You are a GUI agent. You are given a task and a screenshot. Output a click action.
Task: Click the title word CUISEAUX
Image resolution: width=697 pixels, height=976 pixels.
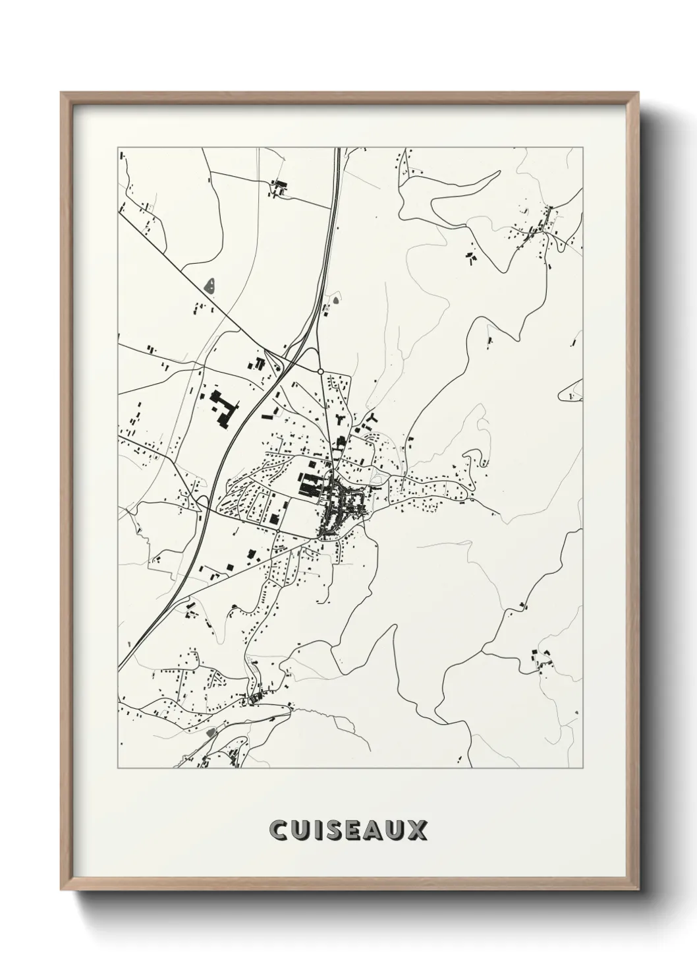(x=348, y=830)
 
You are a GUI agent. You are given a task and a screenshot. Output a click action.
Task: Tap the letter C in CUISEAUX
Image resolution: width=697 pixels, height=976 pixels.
(x=278, y=830)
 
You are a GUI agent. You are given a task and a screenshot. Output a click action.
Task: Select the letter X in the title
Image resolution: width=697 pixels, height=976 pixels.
(x=419, y=830)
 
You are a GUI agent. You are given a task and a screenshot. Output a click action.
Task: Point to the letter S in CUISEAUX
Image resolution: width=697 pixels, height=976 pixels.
(x=333, y=830)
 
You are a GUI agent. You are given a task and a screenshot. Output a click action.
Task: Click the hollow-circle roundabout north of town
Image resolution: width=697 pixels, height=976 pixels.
(x=320, y=372)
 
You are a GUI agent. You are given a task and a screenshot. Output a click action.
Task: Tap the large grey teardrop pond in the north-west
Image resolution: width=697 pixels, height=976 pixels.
(x=210, y=286)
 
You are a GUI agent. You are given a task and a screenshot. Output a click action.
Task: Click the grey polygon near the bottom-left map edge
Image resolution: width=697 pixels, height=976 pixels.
(x=211, y=732)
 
